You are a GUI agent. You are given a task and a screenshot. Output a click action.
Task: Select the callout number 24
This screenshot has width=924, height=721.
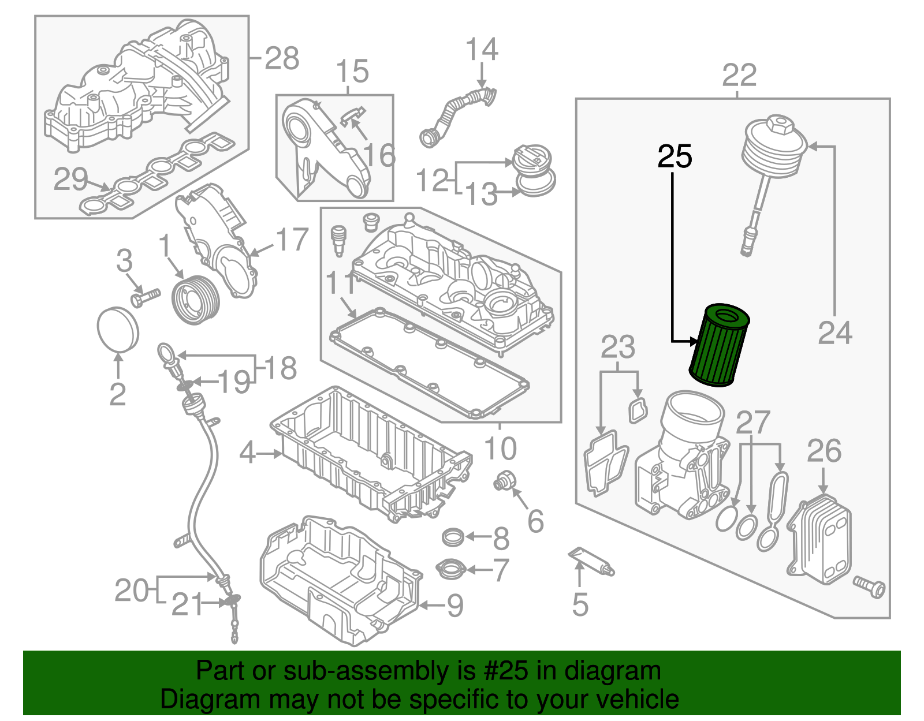(834, 333)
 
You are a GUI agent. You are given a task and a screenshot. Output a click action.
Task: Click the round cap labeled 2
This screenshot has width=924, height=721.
(118, 329)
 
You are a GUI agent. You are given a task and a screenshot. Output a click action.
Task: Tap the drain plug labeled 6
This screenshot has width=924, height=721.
(503, 481)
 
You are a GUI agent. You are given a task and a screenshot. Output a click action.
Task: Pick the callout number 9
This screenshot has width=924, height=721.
(455, 606)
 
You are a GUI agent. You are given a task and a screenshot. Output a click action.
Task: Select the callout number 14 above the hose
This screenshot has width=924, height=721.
(482, 50)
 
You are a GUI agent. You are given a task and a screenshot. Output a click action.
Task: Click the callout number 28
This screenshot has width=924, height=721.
(282, 58)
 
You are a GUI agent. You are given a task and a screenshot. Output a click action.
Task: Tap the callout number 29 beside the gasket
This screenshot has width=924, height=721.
(70, 180)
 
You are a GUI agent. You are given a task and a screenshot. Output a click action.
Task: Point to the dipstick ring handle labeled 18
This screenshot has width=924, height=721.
(165, 352)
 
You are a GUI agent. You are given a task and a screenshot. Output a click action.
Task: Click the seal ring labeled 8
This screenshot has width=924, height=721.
(453, 537)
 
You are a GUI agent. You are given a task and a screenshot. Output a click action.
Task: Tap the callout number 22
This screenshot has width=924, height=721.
(739, 76)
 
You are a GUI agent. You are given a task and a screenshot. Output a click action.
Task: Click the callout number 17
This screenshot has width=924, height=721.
(292, 240)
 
